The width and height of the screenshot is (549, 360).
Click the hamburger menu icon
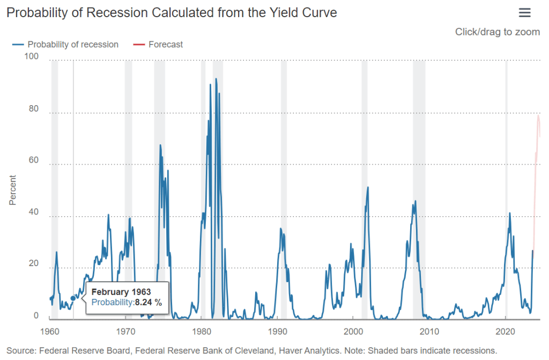525,13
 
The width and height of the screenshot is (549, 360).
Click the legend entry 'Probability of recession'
72,45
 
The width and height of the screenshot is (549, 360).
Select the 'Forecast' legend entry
165,45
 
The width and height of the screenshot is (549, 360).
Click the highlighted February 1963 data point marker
73,298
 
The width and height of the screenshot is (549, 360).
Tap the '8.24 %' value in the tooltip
148,303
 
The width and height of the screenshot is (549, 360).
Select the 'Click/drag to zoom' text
497,32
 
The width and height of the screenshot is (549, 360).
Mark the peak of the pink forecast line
538,115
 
